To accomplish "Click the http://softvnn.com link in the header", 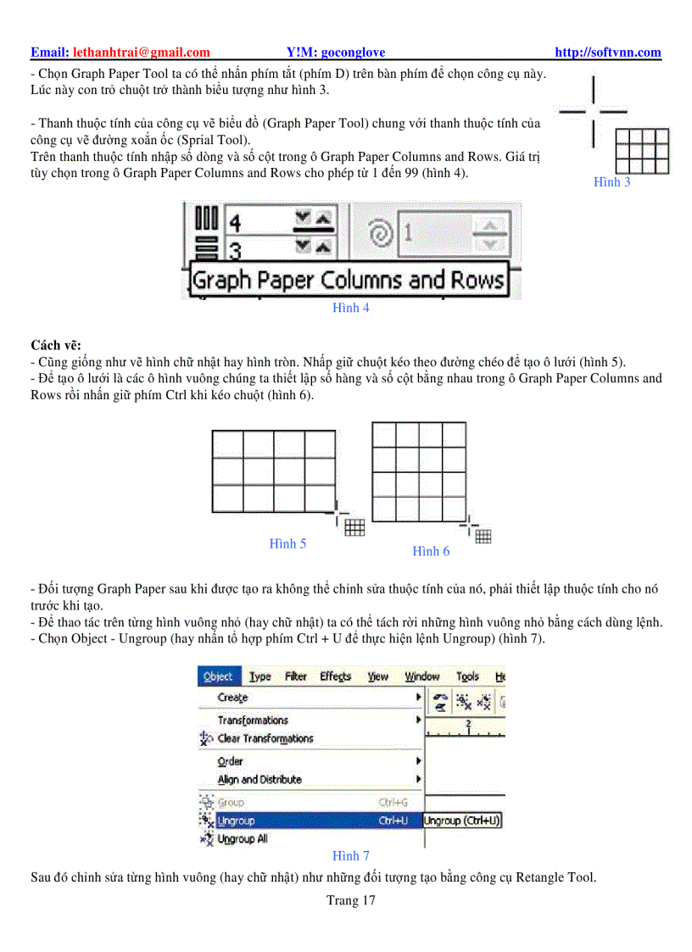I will [607, 53].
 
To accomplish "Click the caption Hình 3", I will [611, 182].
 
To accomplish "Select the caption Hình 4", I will [350, 309].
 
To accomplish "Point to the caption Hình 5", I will [287, 544].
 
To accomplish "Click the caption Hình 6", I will [431, 552].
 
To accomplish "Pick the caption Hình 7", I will [350, 856].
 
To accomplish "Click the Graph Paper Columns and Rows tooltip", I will [347, 281].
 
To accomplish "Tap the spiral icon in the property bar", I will [381, 232].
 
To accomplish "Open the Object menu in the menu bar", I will [219, 676].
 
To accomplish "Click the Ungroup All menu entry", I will [243, 839].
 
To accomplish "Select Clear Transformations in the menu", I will [265, 738].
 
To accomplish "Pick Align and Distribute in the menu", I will [259, 779].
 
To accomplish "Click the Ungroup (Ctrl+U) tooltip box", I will [462, 821].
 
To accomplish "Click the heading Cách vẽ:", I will [56, 345].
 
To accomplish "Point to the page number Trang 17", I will [350, 901].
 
